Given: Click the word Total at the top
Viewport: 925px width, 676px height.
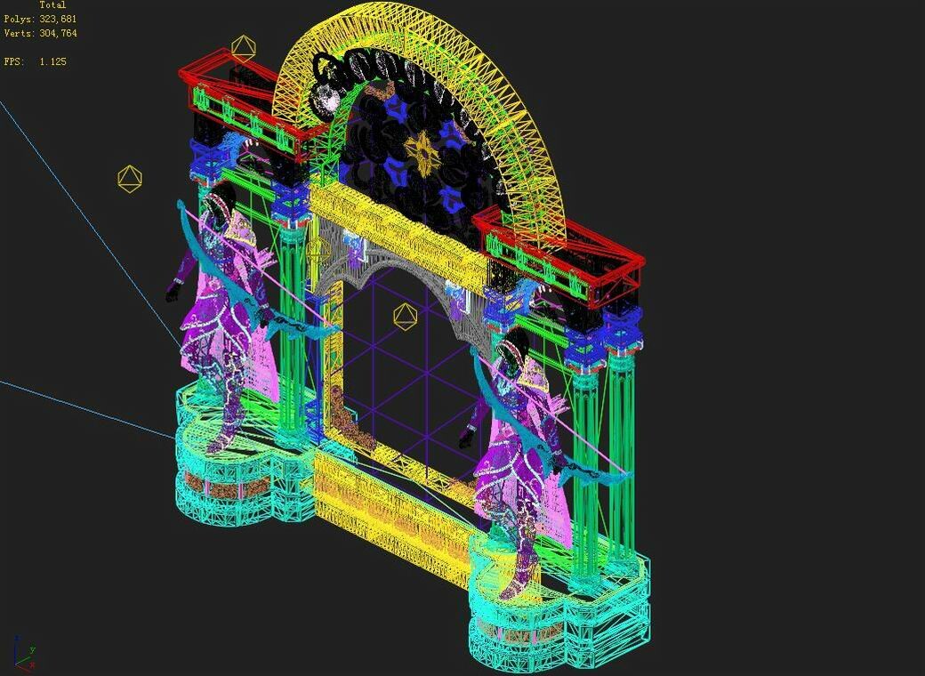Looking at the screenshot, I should pyautogui.click(x=52, y=5).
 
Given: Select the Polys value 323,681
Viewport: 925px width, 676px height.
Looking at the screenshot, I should pyautogui.click(x=58, y=19).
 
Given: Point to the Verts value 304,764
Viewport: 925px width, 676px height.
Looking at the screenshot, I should pyautogui.click(x=58, y=34).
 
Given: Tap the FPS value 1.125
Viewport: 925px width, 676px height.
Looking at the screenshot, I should pyautogui.click(x=52, y=62).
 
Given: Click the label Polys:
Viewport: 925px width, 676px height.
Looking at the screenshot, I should pyautogui.click(x=19, y=19).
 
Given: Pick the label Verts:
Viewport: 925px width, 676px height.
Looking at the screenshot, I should pyautogui.click(x=19, y=34).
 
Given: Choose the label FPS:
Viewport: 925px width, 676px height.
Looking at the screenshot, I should pyautogui.click(x=13, y=62).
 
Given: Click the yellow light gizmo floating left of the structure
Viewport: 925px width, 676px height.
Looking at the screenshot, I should pyautogui.click(x=130, y=179).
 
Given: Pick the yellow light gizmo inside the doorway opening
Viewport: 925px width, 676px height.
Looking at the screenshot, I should pyautogui.click(x=405, y=316).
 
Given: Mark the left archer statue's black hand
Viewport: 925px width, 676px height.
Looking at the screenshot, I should pyautogui.click(x=173, y=294).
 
